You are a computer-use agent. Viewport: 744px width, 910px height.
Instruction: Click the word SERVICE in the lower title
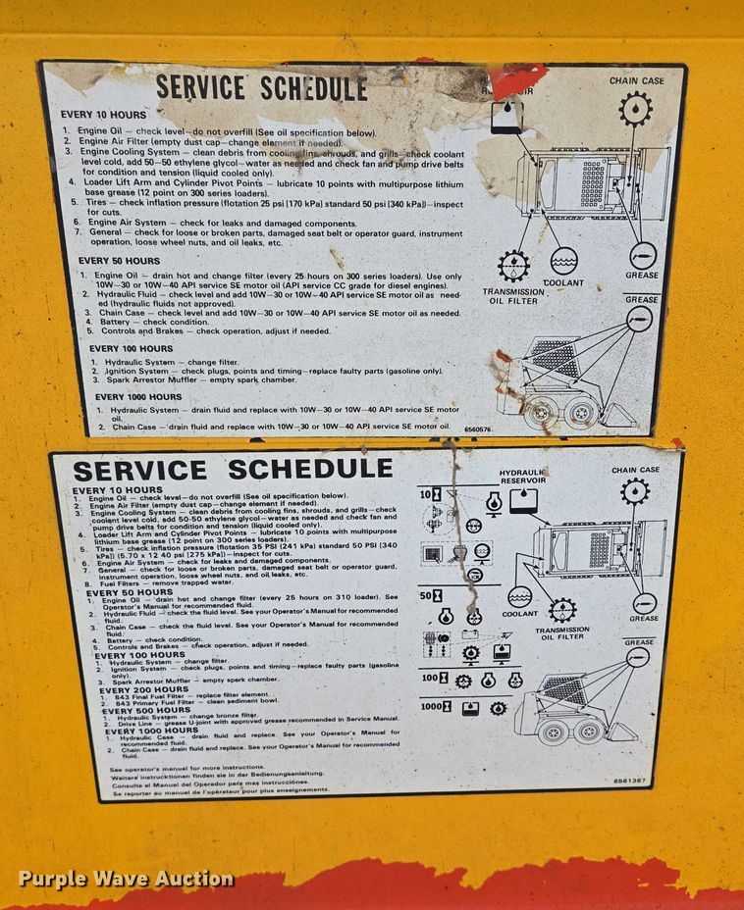[140, 470]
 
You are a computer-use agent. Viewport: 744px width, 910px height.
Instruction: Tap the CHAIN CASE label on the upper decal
[636, 81]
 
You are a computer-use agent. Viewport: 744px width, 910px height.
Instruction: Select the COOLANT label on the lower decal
[520, 615]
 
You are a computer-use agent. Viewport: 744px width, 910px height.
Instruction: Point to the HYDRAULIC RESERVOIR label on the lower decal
[522, 477]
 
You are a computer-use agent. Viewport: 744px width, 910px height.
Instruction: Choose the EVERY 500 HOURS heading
[149, 710]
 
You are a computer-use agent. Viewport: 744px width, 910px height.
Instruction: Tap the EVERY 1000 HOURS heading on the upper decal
[138, 397]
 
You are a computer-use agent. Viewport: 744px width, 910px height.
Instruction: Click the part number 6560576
[477, 430]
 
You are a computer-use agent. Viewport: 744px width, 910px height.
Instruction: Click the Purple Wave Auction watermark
[126, 879]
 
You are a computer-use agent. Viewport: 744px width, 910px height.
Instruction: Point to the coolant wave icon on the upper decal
[563, 261]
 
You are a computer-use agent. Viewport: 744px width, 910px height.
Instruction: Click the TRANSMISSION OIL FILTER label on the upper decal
[512, 296]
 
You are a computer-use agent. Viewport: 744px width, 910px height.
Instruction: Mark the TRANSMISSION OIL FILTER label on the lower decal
[561, 633]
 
